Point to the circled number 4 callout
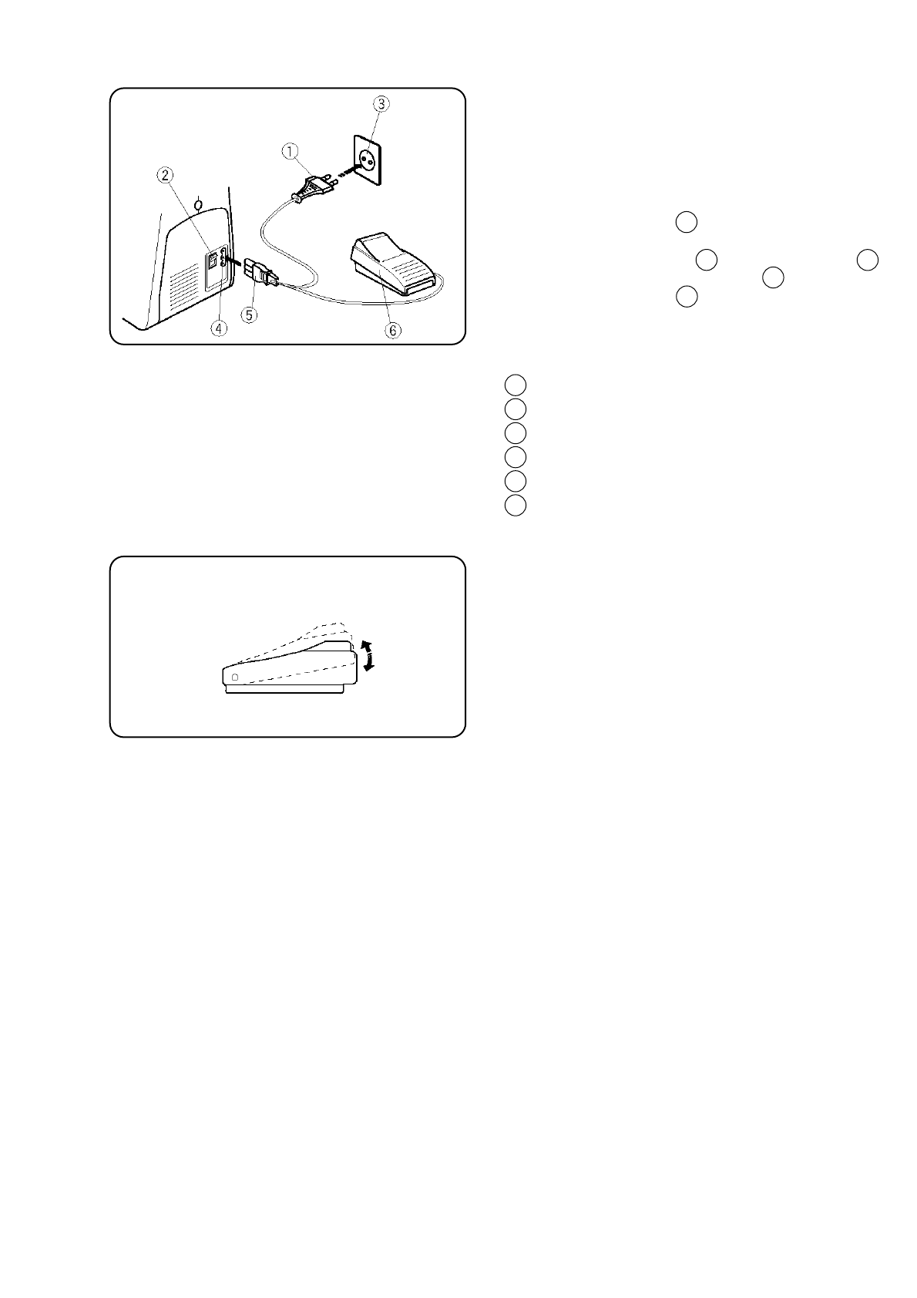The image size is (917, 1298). tap(220, 328)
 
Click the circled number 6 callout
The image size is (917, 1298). tap(393, 330)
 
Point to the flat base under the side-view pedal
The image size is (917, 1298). tap(284, 689)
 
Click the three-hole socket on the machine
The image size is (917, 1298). tap(223, 258)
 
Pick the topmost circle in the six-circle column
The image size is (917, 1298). tap(516, 385)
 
